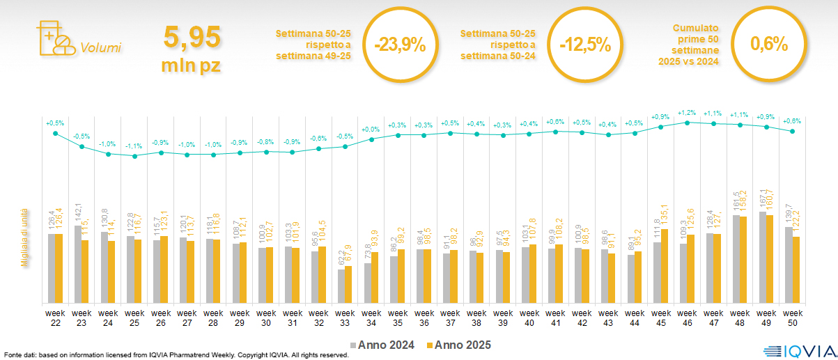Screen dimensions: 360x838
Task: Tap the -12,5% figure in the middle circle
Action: pos(585,45)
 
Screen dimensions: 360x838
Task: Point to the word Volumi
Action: pos(100,48)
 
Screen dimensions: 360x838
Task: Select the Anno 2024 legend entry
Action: pos(385,345)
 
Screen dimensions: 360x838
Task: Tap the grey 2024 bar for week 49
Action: pos(763,258)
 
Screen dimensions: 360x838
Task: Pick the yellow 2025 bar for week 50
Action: pos(796,269)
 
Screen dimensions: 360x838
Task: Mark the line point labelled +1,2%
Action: pos(688,123)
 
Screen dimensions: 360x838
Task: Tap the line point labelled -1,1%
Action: pos(134,156)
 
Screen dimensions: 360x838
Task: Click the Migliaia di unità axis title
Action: pos(23,237)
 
